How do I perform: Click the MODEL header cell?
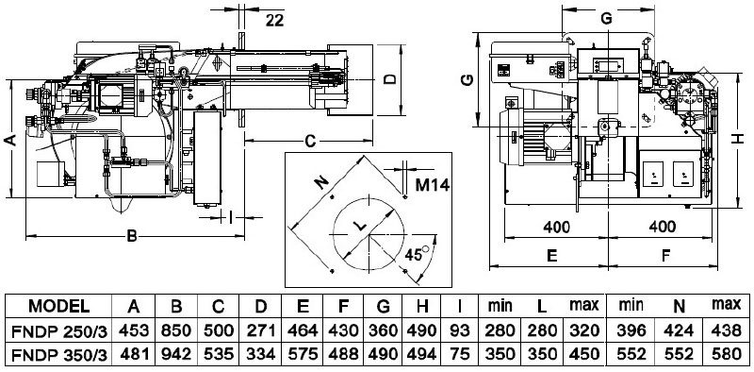coord(58,306)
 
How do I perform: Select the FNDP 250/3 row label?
coord(58,330)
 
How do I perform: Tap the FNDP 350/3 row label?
coord(58,355)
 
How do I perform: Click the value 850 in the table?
coord(176,330)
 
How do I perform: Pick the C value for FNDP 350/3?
coord(219,355)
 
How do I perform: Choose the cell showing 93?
coord(459,330)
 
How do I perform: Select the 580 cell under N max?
coord(726,355)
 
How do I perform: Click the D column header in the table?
coord(260,306)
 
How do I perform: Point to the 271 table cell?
coord(261,330)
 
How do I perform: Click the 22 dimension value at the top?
coord(274,20)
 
